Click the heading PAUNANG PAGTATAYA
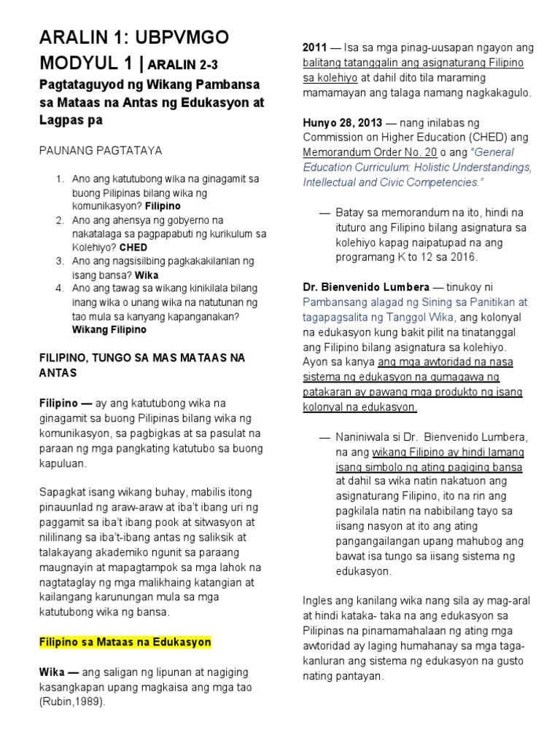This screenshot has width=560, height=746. [100, 150]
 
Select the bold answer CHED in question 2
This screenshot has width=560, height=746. [133, 248]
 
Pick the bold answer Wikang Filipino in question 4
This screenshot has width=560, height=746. [109, 330]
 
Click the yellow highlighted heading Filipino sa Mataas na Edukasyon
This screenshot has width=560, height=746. [125, 642]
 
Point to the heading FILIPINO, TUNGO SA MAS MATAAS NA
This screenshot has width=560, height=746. [141, 358]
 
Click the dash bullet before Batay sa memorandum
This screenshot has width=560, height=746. [324, 213]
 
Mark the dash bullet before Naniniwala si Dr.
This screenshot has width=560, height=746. [324, 437]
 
